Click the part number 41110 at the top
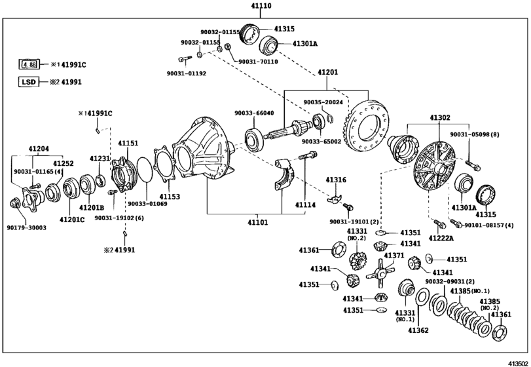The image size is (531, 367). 261,6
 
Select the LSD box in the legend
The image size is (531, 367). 28,82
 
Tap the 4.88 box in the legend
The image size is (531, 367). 29,64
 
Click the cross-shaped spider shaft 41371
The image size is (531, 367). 380,273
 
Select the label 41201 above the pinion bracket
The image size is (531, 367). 327,72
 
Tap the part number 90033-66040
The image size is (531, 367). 254,113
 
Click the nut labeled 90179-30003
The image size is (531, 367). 14,203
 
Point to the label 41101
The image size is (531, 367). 257,223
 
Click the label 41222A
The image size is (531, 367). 441,239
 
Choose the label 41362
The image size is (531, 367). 418,330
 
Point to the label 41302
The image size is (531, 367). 440,117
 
